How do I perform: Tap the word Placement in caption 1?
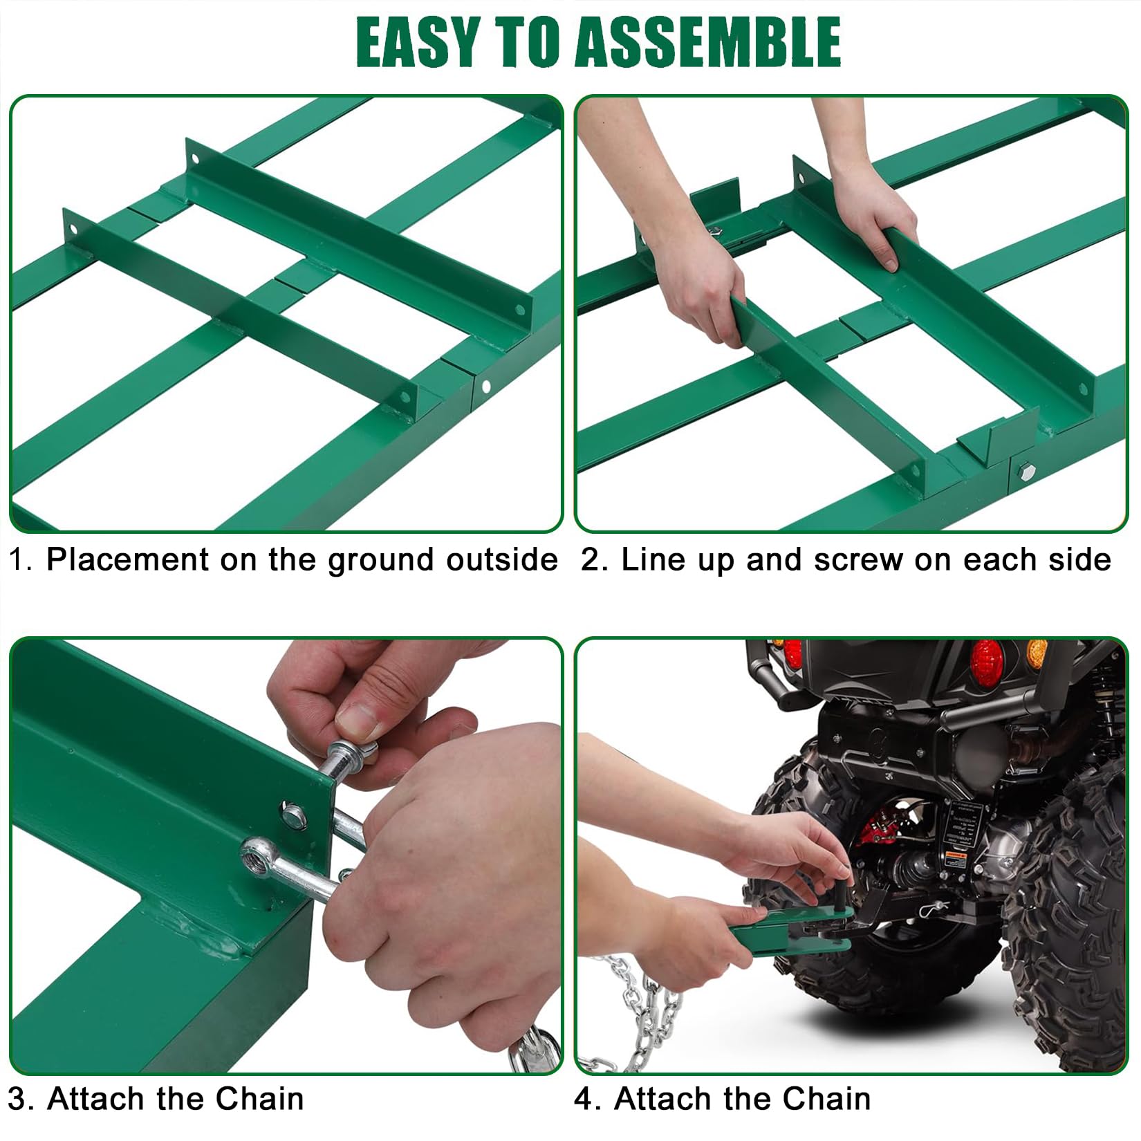point(127,559)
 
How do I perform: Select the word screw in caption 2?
point(858,559)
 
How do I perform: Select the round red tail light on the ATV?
point(986,661)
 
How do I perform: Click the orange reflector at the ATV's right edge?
point(1037,653)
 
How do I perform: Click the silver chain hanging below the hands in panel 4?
point(640,1010)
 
